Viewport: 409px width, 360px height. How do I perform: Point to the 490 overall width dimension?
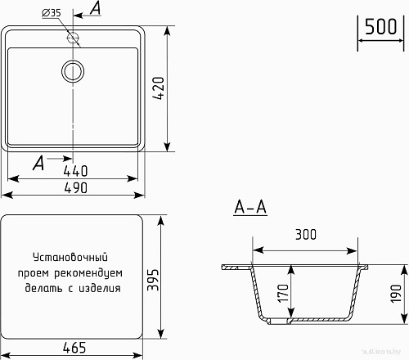(74, 187)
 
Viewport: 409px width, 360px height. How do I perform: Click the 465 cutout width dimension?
(74, 348)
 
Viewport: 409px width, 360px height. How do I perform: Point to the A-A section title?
(250, 208)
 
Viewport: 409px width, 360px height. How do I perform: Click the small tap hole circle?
(74, 38)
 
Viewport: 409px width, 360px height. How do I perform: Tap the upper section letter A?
(97, 9)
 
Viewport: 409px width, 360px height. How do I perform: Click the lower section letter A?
(38, 163)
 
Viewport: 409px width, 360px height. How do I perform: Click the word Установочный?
(72, 258)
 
